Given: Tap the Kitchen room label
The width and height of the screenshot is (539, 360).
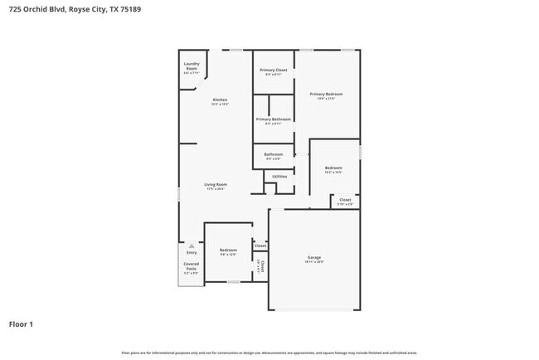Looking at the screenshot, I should [220, 100].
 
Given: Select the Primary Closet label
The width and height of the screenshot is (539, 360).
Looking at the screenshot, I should [274, 71].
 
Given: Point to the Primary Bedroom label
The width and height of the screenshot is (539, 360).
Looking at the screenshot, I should [326, 94].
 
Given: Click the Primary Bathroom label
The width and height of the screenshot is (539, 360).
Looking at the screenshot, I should [274, 119].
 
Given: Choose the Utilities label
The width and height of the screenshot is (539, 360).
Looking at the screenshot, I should [279, 177].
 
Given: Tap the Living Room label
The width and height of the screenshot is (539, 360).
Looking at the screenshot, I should [216, 184].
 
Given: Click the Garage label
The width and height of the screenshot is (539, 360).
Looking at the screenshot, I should [314, 258].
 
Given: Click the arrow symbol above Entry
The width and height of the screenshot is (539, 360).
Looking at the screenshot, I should [192, 246].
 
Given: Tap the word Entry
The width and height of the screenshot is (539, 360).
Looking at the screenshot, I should [192, 252].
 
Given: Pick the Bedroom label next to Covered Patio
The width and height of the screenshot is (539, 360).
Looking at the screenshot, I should [228, 251].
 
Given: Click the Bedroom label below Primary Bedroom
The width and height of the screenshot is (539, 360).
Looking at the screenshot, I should [333, 168].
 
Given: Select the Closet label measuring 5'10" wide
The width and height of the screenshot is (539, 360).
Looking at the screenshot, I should [345, 200].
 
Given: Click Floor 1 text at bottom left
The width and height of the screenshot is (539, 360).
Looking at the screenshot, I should [22, 324].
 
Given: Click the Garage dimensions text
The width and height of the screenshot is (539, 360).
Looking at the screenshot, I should [314, 263].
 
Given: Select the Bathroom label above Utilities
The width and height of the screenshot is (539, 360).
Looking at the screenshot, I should [274, 154].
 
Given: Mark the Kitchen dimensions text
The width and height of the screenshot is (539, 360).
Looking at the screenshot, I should [220, 105].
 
